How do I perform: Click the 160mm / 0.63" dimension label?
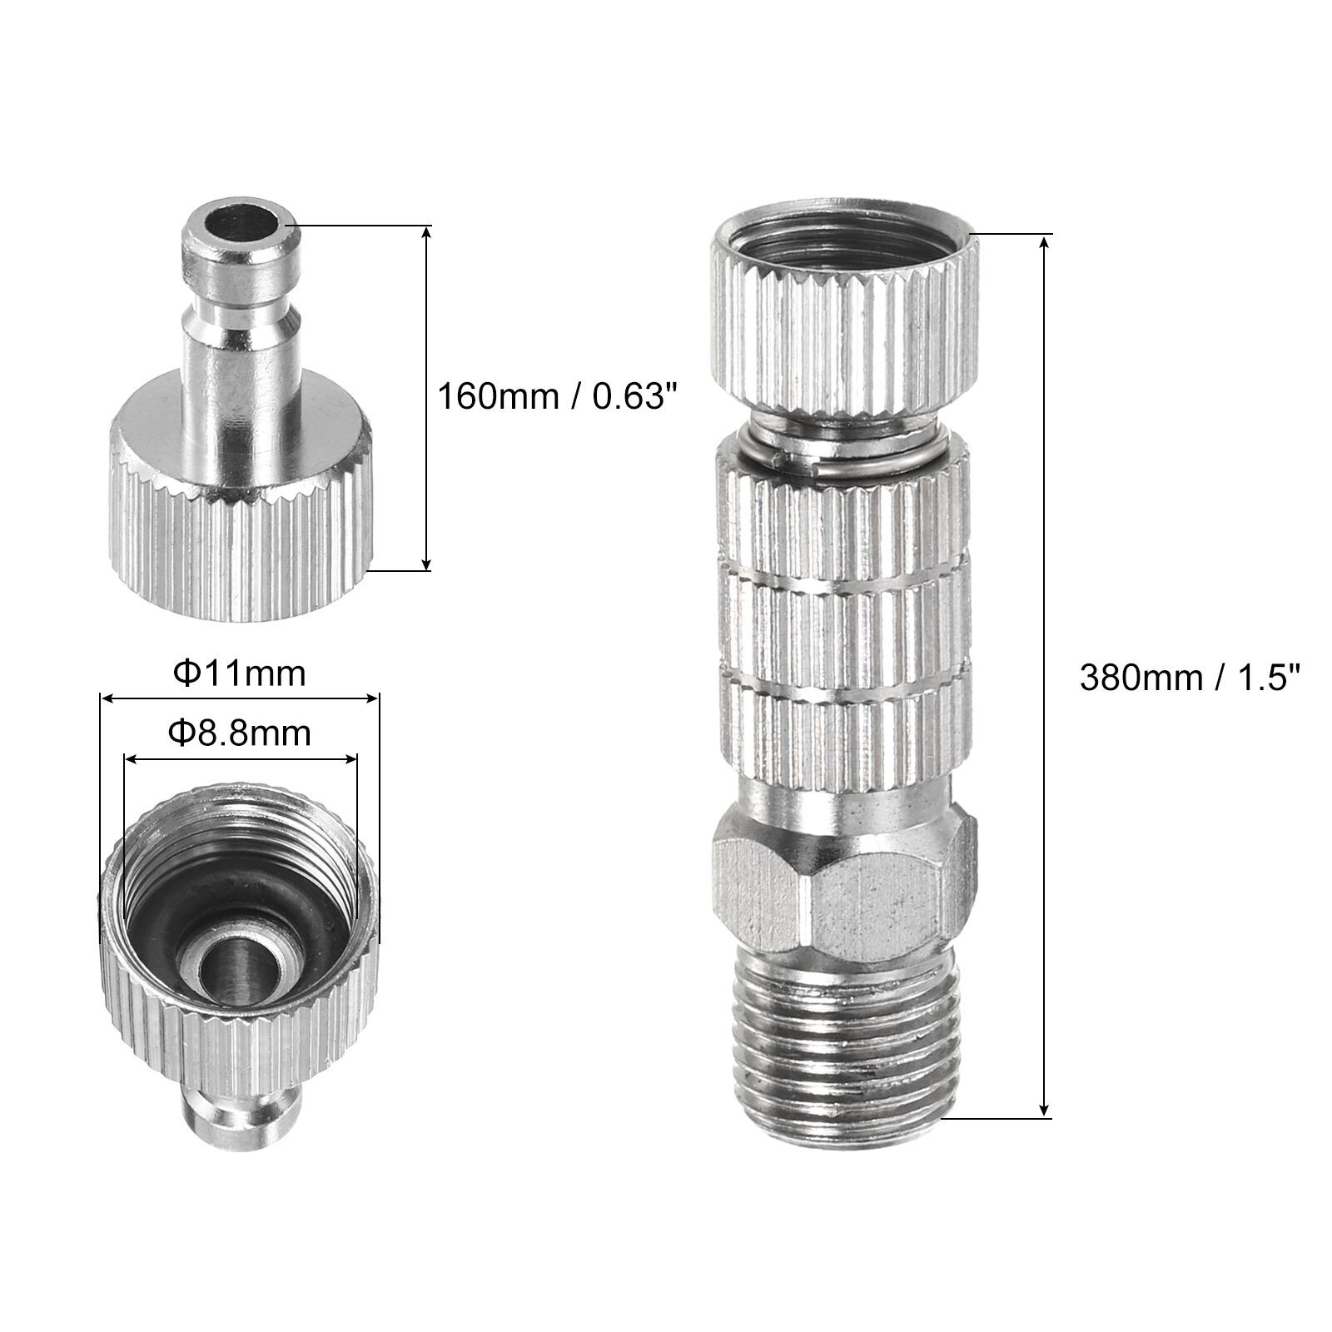point(554,396)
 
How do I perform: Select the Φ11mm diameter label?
point(239,673)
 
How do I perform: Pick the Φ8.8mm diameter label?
point(239,733)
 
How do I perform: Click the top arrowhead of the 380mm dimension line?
point(1046,241)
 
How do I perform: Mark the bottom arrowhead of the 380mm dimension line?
point(1046,1110)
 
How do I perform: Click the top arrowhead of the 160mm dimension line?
point(427,233)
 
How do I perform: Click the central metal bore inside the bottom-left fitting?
point(237,974)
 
